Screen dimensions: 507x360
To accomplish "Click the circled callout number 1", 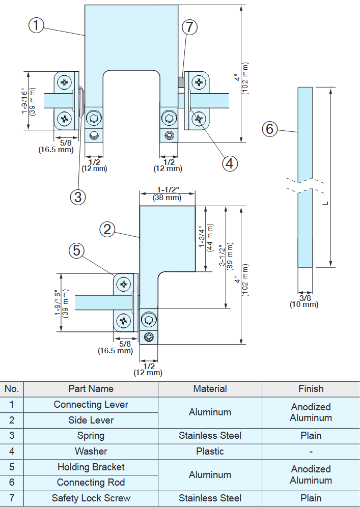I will (x=36, y=25).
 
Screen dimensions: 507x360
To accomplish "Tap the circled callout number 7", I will (x=189, y=27).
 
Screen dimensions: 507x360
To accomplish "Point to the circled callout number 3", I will (x=77, y=196).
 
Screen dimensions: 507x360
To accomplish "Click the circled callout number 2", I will (x=107, y=230).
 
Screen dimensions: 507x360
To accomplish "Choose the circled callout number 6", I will (x=269, y=129).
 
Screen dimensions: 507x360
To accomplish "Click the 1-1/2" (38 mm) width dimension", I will (x=167, y=194).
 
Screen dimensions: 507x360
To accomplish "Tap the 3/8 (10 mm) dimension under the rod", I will (x=304, y=301).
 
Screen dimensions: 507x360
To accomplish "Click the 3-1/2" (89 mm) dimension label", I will (x=226, y=257).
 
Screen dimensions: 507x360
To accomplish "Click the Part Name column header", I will (x=91, y=389).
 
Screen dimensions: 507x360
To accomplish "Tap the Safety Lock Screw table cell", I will (x=91, y=498).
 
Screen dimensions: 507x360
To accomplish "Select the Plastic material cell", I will (x=210, y=452).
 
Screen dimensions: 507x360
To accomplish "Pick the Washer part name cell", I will (x=91, y=452).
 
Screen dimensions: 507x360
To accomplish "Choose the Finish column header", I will (x=311, y=389).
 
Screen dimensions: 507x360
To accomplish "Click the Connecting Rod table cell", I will (x=91, y=483).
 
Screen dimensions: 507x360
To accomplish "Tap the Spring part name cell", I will (x=91, y=436).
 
